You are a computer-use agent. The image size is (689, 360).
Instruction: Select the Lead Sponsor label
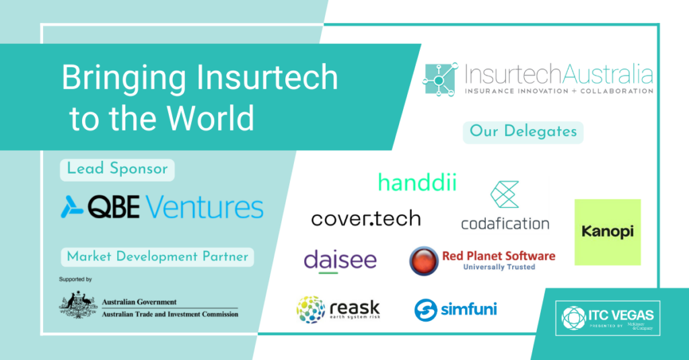tap(117, 170)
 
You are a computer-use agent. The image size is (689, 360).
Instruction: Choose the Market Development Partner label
tap(157, 256)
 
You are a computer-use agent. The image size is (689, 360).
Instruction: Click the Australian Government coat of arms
tap(78, 304)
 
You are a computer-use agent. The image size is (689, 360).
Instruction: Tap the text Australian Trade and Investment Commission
tap(170, 314)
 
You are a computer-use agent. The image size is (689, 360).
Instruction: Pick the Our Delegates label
tap(522, 131)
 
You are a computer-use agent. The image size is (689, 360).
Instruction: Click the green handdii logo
tap(416, 182)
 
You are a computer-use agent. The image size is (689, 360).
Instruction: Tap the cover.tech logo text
tap(366, 218)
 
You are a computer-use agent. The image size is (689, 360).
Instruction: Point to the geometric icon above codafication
tap(505, 194)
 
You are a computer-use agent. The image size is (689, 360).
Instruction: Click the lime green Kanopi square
tap(607, 232)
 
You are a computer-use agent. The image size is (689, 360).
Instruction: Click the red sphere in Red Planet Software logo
tap(424, 260)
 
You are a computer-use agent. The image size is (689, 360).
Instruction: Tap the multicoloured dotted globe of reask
tap(310, 310)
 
